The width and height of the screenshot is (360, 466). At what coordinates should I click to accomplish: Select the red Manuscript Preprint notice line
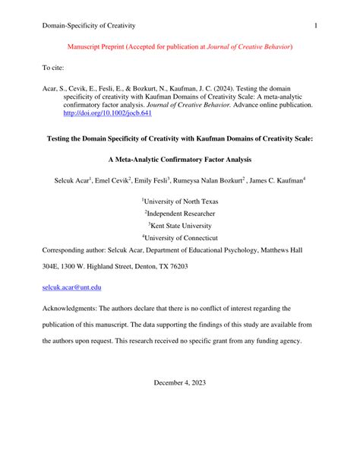(x=179, y=47)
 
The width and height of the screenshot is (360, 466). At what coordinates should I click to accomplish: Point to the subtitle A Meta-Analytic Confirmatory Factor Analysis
(x=179, y=160)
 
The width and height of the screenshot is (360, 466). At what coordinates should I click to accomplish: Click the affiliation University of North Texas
(x=182, y=201)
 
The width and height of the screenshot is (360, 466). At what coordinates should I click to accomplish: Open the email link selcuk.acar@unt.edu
(x=71, y=287)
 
